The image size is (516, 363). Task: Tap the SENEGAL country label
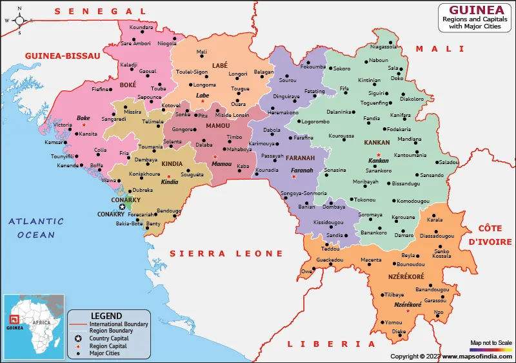(x=101, y=11)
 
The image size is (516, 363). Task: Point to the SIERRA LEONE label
(x=226, y=254)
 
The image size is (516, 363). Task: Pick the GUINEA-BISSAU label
(x=63, y=56)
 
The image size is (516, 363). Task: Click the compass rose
(x=19, y=19)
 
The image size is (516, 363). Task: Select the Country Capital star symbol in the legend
(x=78, y=338)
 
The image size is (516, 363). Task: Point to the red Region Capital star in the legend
(x=78, y=346)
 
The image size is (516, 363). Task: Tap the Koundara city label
(x=141, y=27)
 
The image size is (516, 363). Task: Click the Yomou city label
(x=393, y=322)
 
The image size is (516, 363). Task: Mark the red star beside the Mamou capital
(x=215, y=156)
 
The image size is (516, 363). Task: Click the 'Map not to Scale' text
(x=491, y=342)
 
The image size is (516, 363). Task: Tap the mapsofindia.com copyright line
(x=451, y=356)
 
